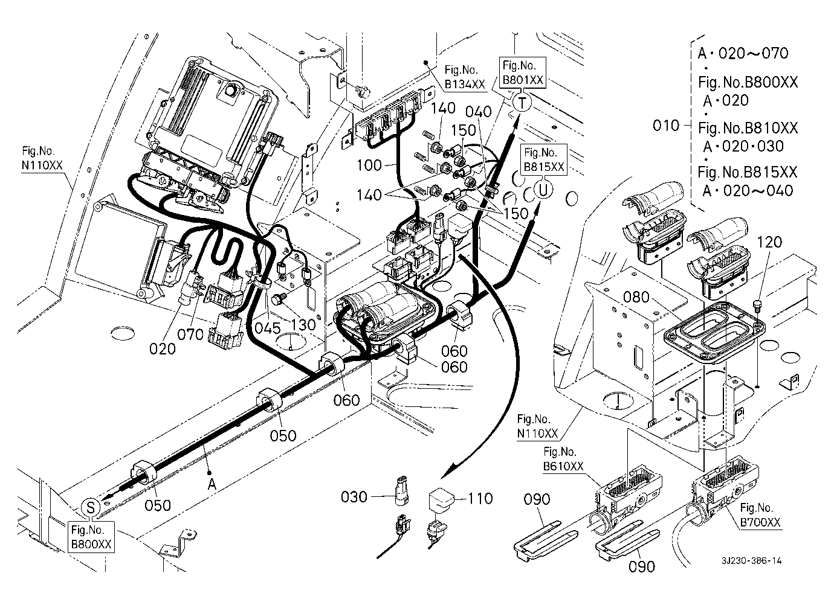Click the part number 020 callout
163,348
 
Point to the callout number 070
191,333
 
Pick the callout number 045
268,328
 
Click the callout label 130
302,324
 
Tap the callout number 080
636,297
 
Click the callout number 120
769,242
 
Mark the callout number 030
354,497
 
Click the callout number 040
479,111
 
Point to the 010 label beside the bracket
667,126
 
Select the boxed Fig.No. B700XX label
760,515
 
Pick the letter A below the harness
212,484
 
